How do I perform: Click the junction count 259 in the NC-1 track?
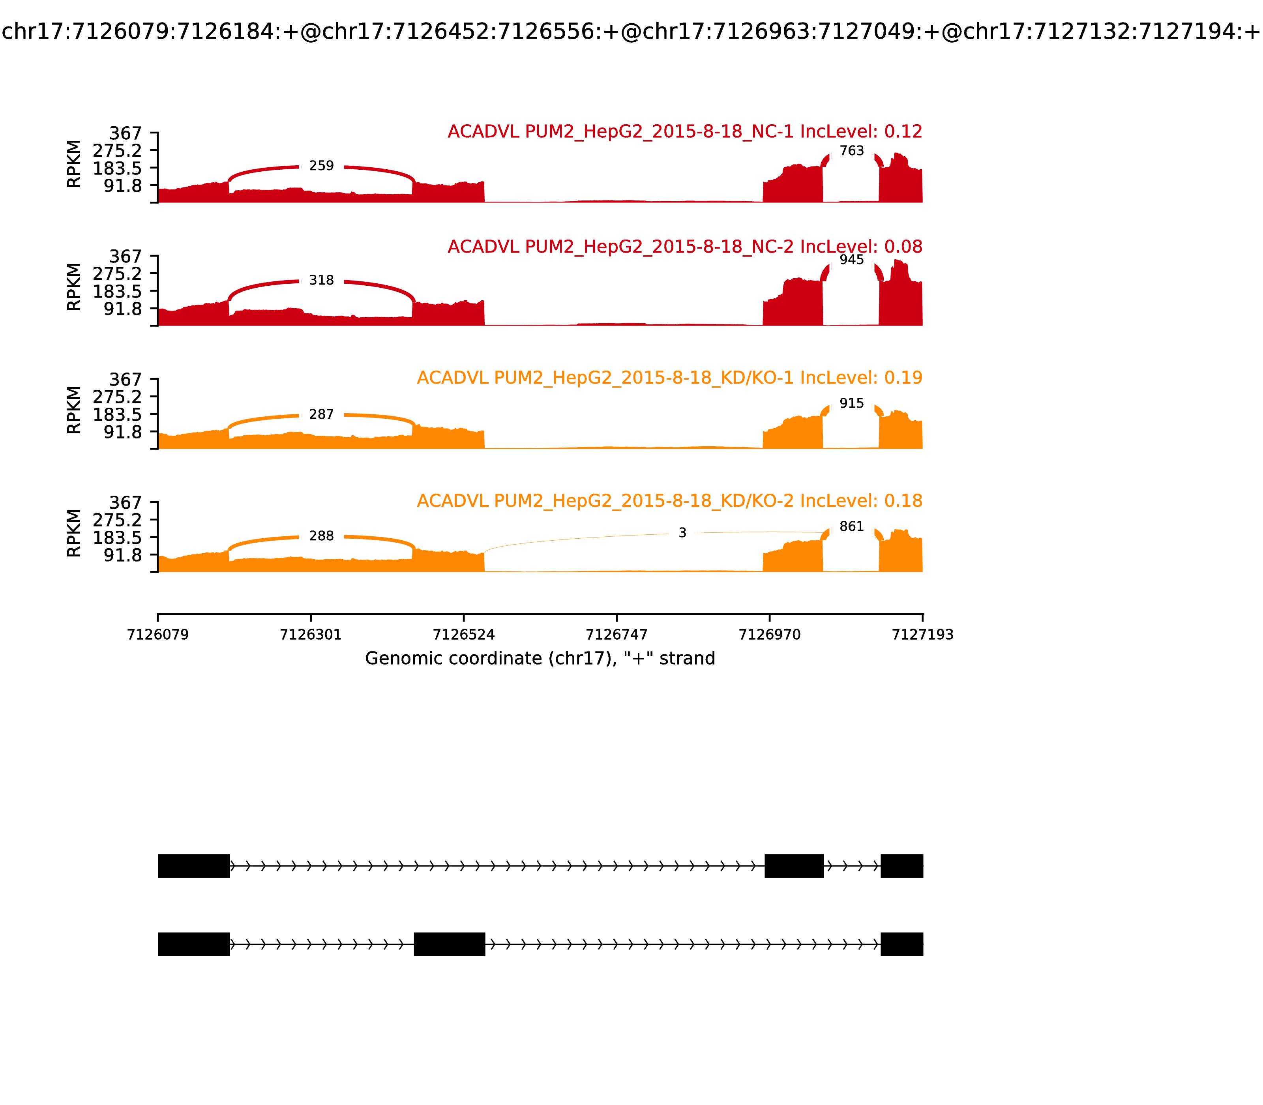click(321, 166)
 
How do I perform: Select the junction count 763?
click(852, 151)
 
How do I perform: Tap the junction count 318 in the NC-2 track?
click(321, 281)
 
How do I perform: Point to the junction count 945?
click(852, 260)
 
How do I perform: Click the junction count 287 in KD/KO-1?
click(321, 414)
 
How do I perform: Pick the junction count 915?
click(852, 403)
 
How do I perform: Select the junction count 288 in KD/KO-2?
click(321, 536)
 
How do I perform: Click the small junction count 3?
click(682, 533)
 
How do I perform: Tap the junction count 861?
click(852, 526)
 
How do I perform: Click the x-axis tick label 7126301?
click(311, 635)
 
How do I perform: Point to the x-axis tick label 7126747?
click(617, 635)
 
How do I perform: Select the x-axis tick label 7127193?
click(923, 635)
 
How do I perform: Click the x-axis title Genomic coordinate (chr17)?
click(540, 659)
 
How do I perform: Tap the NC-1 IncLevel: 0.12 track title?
click(684, 131)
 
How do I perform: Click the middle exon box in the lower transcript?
click(450, 944)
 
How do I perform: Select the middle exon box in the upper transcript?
click(794, 866)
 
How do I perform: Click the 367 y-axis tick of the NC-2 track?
click(126, 257)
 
